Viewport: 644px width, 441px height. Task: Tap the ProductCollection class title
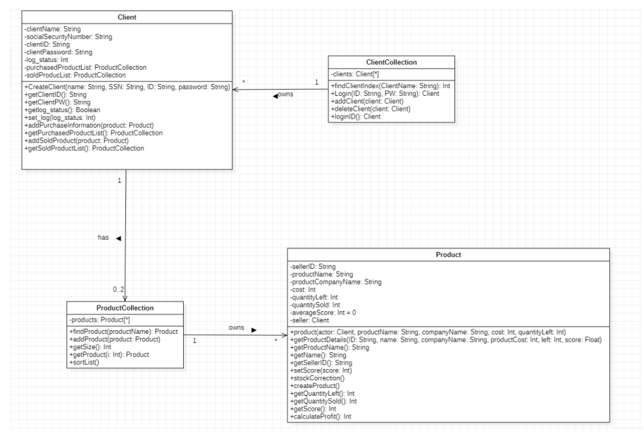pos(125,307)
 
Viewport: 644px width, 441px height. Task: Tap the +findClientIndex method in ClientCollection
pos(390,85)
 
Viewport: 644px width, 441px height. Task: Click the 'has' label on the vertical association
pos(104,238)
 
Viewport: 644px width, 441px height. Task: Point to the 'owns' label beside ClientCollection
pos(285,93)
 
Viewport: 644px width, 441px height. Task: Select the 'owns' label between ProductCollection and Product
pos(237,328)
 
